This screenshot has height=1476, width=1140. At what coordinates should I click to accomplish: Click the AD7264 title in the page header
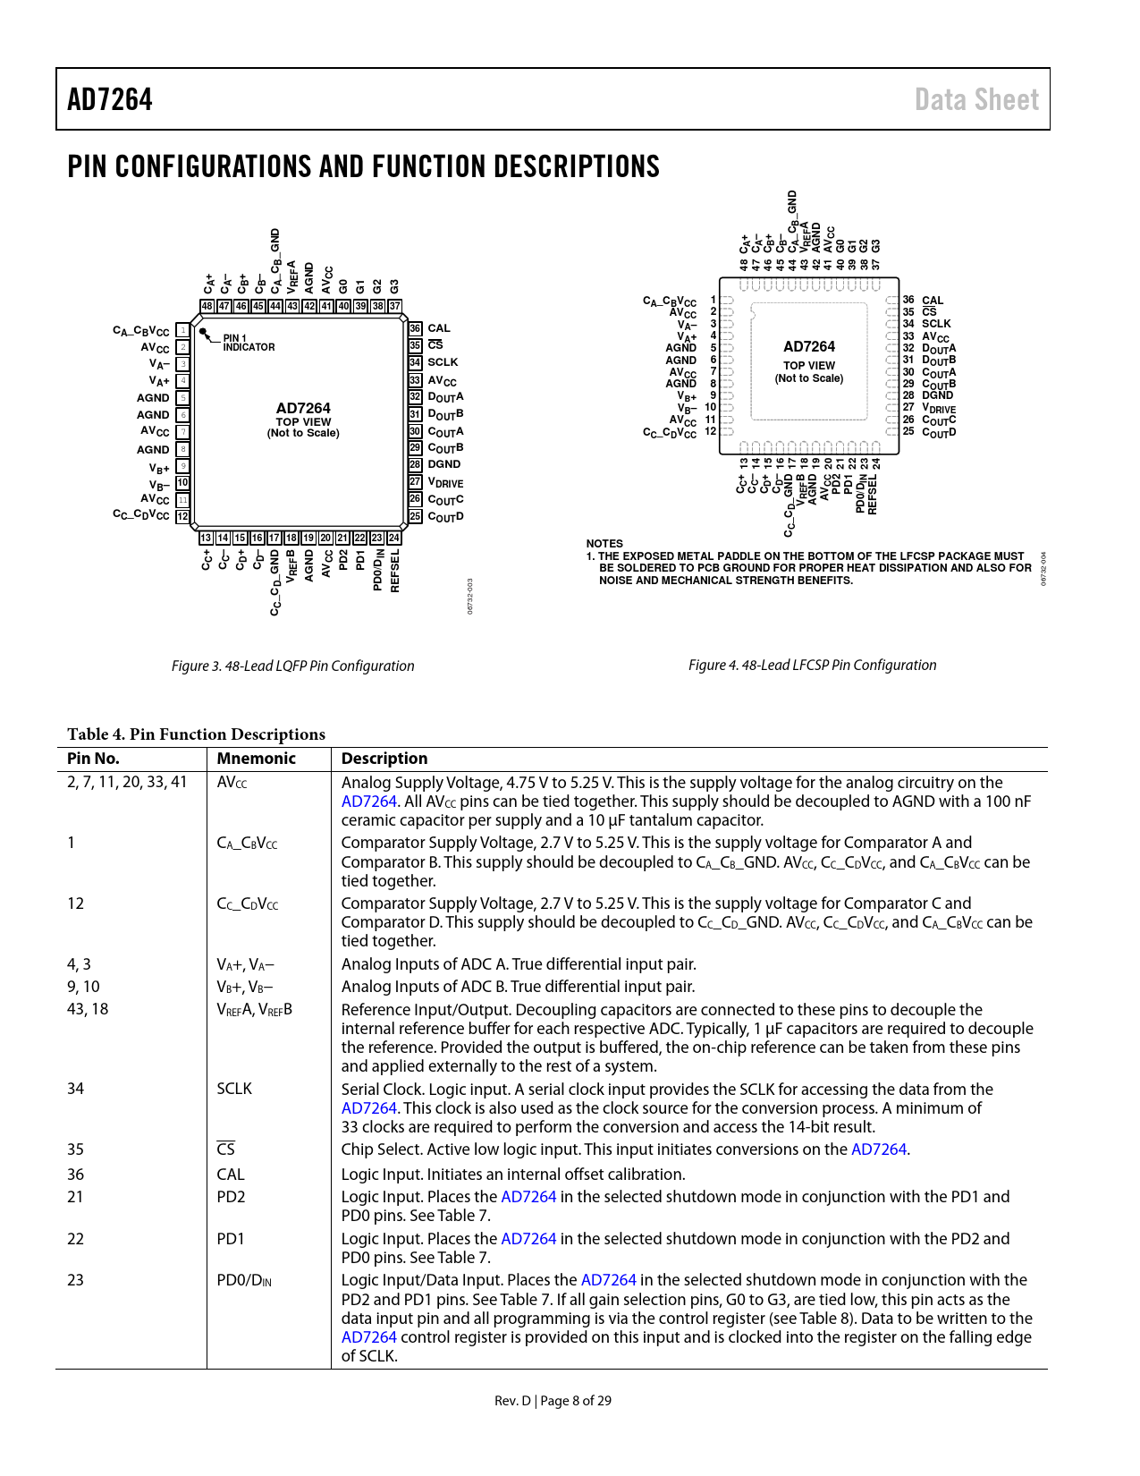click(x=109, y=99)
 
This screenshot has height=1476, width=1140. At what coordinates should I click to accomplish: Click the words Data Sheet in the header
click(x=975, y=99)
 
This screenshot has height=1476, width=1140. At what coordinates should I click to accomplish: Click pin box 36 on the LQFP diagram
click(x=415, y=329)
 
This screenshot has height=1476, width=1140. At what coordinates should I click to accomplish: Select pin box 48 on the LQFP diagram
click(x=207, y=306)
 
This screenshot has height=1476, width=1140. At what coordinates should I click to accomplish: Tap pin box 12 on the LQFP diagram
click(x=182, y=516)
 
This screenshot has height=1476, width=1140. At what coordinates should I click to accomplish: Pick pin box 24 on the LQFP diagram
click(x=393, y=538)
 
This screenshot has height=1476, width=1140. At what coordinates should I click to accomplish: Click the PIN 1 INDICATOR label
click(x=249, y=343)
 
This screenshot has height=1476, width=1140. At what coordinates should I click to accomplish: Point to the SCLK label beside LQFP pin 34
click(x=443, y=362)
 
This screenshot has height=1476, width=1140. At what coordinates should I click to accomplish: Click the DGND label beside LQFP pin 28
click(x=444, y=464)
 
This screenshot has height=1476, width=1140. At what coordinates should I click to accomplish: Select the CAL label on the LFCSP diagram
click(x=933, y=301)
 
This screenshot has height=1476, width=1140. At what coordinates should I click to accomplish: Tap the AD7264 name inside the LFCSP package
click(x=808, y=346)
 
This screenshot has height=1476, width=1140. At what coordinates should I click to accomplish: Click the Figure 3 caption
click(x=292, y=666)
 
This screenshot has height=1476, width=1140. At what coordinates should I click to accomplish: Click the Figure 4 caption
click(x=812, y=665)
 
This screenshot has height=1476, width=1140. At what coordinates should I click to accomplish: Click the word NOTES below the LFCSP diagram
click(x=604, y=543)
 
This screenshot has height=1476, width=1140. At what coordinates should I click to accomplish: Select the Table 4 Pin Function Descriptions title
click(x=196, y=734)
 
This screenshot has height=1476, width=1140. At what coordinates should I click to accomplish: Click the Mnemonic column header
click(x=256, y=759)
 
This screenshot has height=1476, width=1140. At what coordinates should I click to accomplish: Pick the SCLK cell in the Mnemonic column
click(x=234, y=1089)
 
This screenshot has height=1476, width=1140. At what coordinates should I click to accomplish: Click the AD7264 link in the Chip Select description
click(x=879, y=1149)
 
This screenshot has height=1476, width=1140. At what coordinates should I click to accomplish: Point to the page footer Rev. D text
click(x=512, y=1401)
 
